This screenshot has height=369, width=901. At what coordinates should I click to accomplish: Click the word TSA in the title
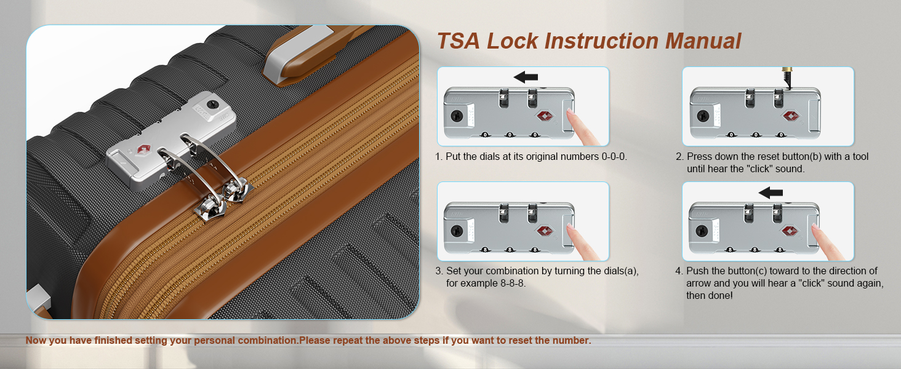(x=459, y=41)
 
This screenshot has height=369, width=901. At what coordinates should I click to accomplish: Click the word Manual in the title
(x=703, y=41)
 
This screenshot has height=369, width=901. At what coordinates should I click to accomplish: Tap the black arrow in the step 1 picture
(x=526, y=77)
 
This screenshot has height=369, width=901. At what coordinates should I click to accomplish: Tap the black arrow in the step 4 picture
(x=771, y=192)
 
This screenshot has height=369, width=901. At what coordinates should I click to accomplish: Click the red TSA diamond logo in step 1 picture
(x=545, y=116)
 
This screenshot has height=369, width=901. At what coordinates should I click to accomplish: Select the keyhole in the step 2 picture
(x=703, y=116)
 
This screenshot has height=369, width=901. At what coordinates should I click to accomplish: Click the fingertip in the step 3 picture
(x=569, y=227)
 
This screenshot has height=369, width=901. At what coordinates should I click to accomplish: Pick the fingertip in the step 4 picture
(x=814, y=227)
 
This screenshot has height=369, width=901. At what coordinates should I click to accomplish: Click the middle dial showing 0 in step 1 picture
(x=510, y=135)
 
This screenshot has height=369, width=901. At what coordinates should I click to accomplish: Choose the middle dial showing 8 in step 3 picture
(x=510, y=250)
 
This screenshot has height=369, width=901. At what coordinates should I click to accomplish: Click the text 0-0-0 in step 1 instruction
(x=614, y=156)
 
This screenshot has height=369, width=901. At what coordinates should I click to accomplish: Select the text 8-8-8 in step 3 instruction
(x=513, y=283)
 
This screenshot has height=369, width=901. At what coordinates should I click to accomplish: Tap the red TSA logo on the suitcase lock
(x=143, y=149)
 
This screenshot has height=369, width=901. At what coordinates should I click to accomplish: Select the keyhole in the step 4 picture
(x=702, y=231)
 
